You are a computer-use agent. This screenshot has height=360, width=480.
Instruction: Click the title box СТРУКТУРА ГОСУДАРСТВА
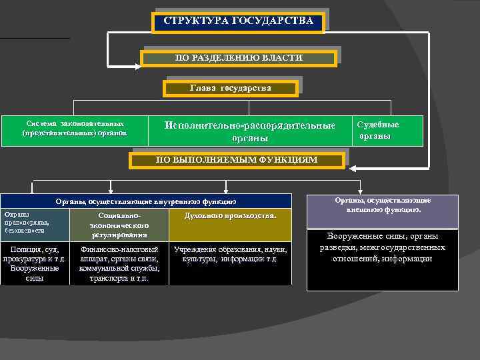(239, 22)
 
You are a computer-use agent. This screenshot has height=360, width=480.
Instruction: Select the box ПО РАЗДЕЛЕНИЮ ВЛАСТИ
(239, 59)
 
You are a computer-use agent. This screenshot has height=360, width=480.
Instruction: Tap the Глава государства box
(230, 89)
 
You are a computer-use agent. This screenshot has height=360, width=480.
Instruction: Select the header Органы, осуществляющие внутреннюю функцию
(145, 201)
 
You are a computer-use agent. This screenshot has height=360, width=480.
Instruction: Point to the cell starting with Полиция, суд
(35, 263)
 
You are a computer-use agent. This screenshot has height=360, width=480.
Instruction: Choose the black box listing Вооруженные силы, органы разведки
(383, 260)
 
